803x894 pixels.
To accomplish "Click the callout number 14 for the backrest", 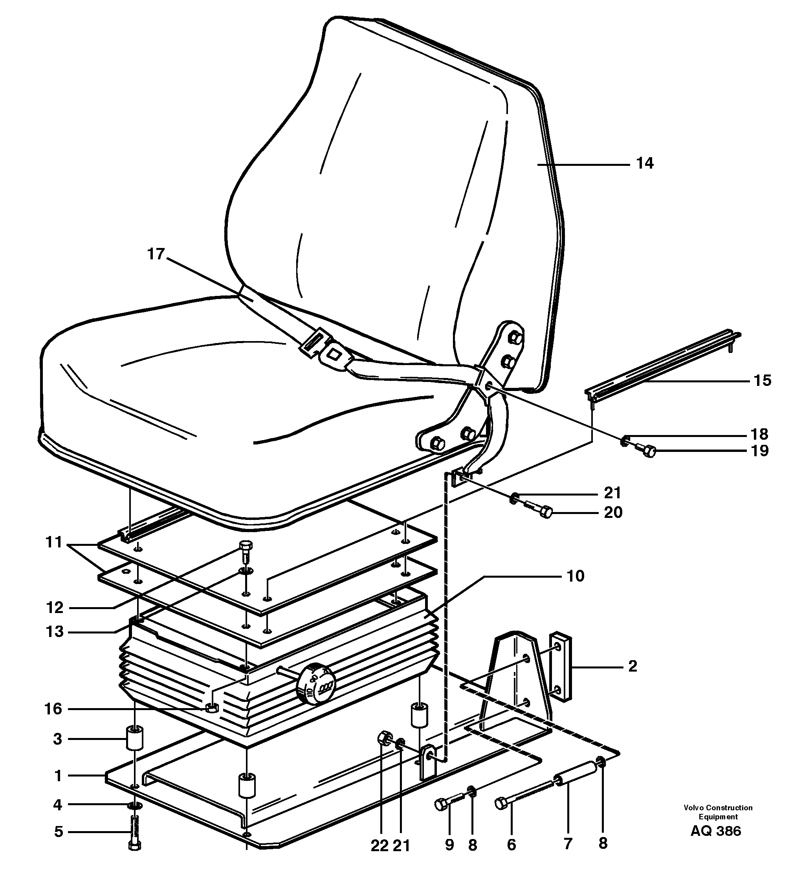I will click(644, 164).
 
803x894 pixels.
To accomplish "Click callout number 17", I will click(156, 254).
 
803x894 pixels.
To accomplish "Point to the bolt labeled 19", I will click(646, 451).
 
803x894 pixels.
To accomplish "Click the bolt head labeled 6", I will click(501, 804).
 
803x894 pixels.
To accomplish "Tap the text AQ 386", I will click(716, 831).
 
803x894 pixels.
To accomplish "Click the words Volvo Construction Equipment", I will click(718, 812).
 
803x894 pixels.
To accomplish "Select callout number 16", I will click(53, 709).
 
